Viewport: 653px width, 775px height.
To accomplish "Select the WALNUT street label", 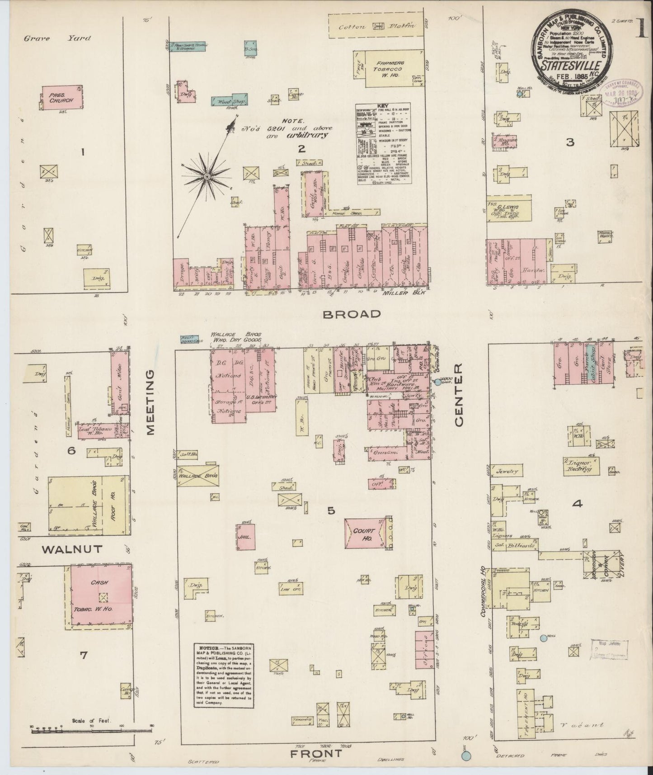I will pos(72,549).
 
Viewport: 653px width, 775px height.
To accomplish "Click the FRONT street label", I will pos(317,754).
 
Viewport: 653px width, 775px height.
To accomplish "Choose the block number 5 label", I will pos(331,510).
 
